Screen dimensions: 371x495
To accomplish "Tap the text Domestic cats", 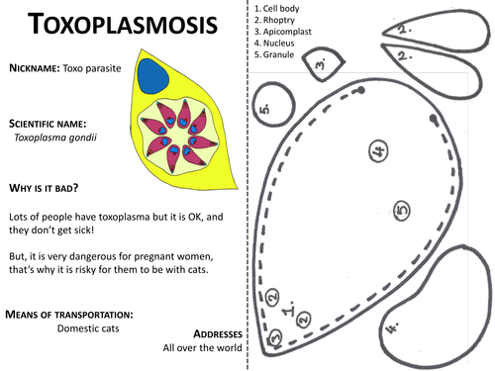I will pyautogui.click(x=88, y=328).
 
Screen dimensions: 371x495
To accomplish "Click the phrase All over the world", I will pyautogui.click(x=202, y=348).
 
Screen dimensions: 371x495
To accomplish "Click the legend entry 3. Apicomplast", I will pyautogui.click(x=289, y=32).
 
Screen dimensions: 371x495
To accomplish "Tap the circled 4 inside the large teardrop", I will pyautogui.click(x=378, y=150).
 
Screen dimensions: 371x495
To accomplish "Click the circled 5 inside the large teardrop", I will pyautogui.click(x=401, y=209).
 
